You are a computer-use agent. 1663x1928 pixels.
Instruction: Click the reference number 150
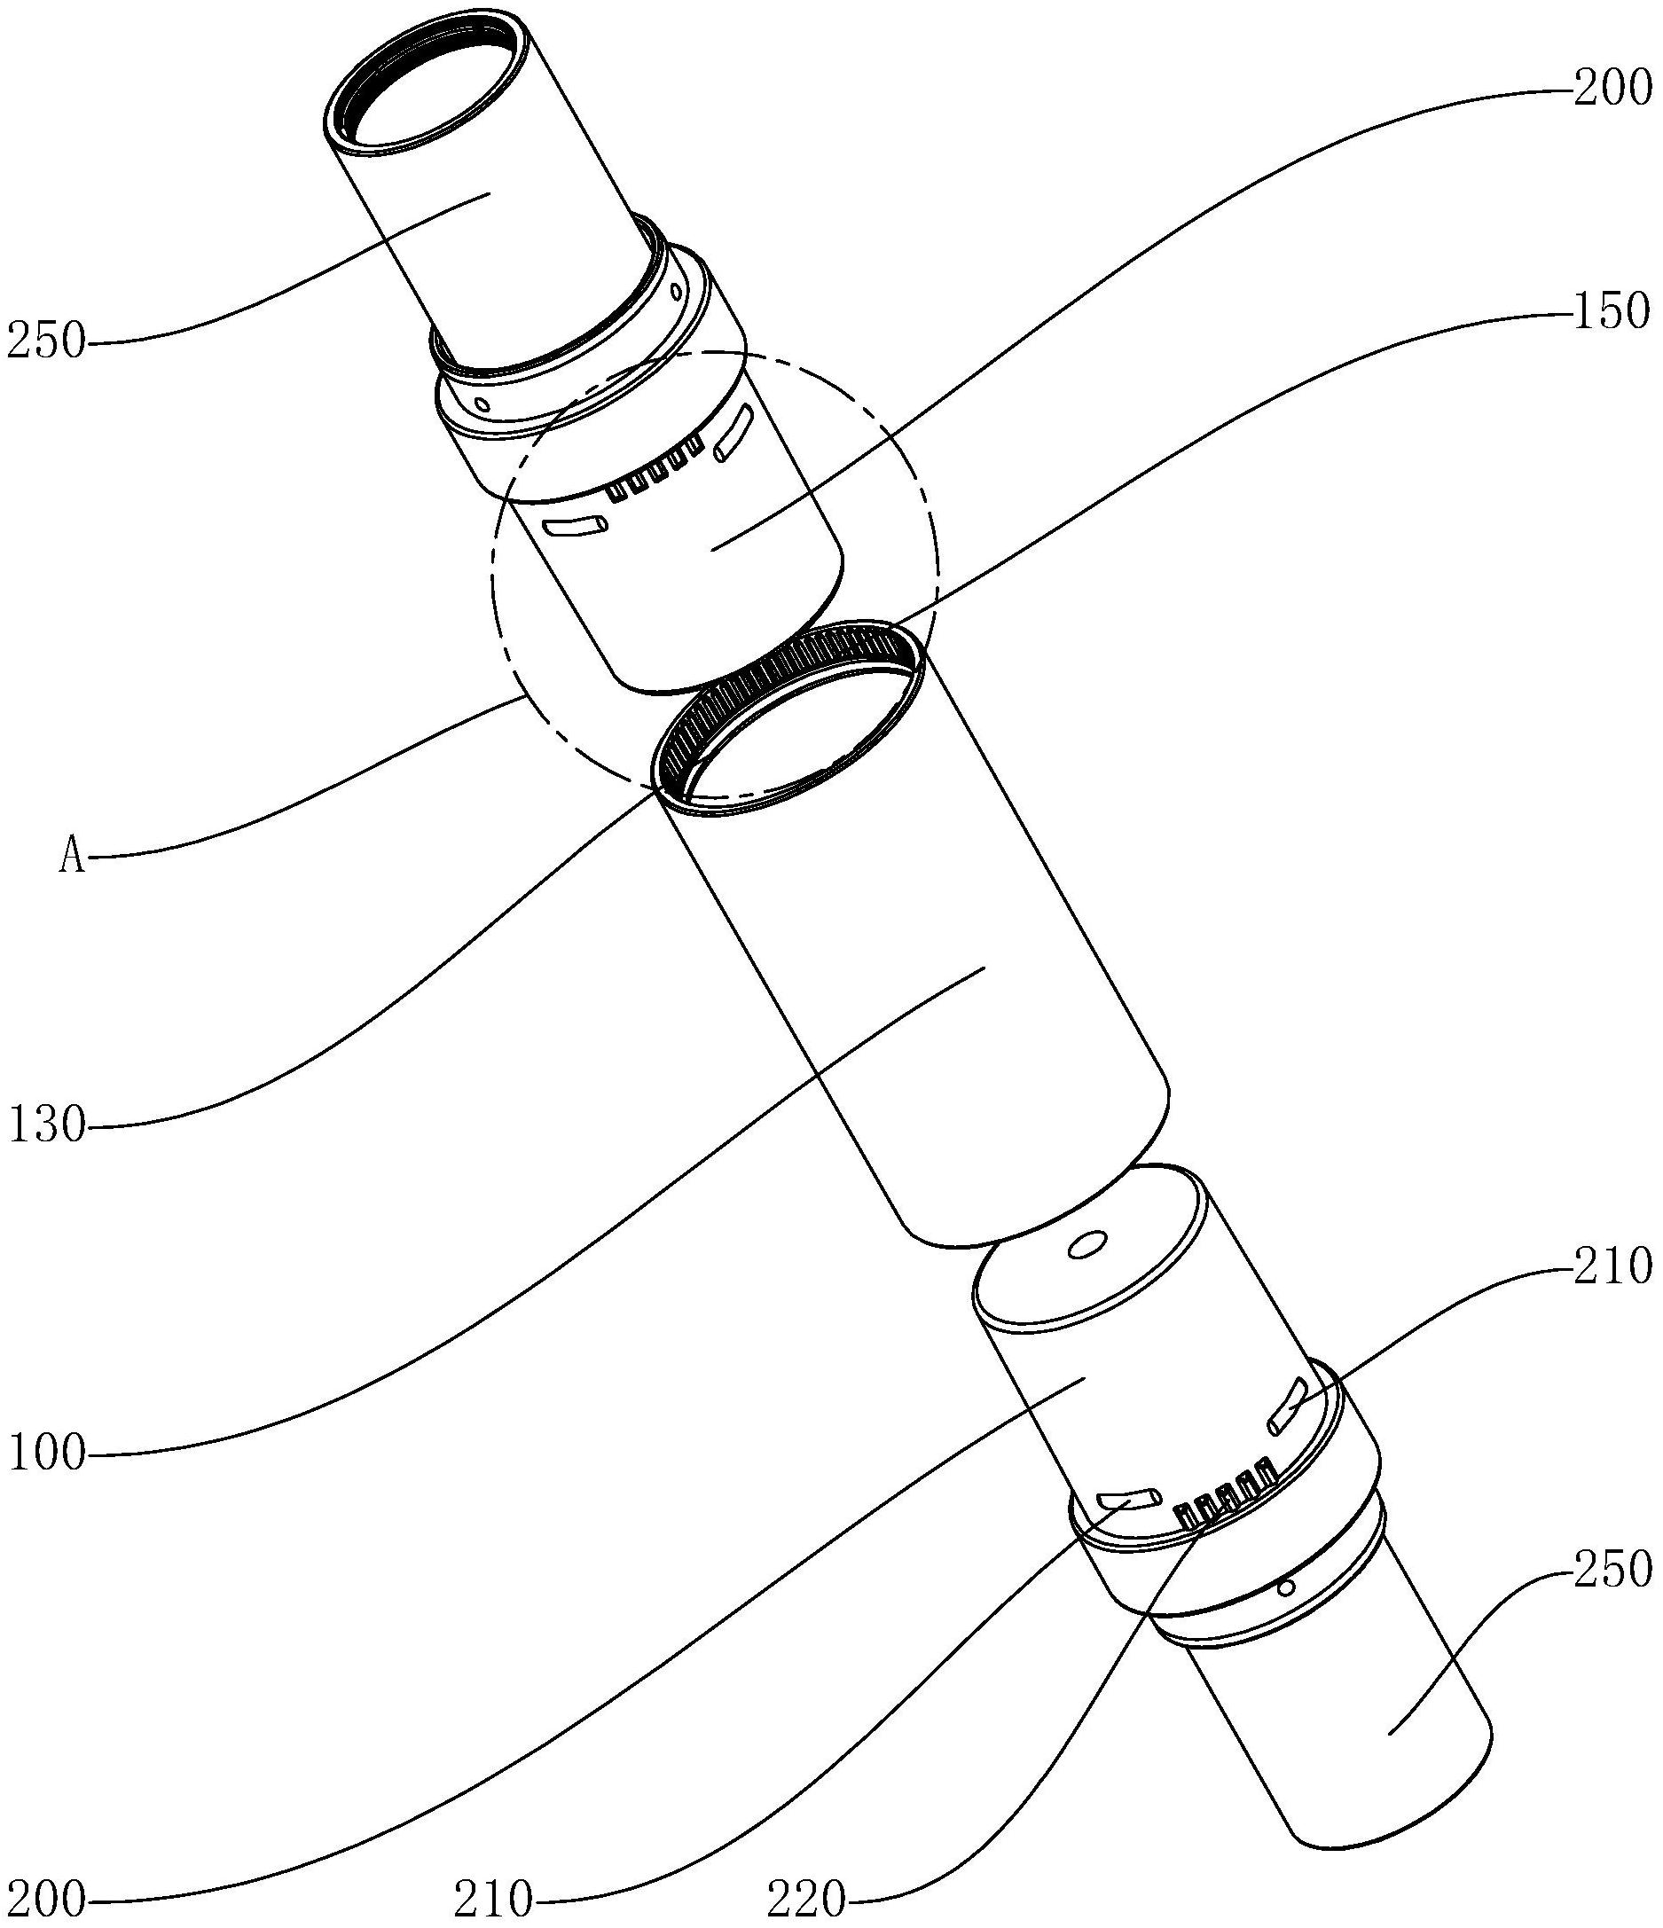(1611, 310)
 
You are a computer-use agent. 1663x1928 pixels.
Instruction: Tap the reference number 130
(46, 1127)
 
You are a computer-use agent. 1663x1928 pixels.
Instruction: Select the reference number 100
(46, 1453)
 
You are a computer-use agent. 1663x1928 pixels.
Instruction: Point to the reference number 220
(806, 1898)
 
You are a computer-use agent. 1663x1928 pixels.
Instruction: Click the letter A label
(72, 858)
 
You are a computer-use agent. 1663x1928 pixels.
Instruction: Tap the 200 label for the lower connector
(46, 1898)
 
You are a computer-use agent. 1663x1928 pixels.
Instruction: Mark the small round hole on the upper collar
(481, 405)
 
